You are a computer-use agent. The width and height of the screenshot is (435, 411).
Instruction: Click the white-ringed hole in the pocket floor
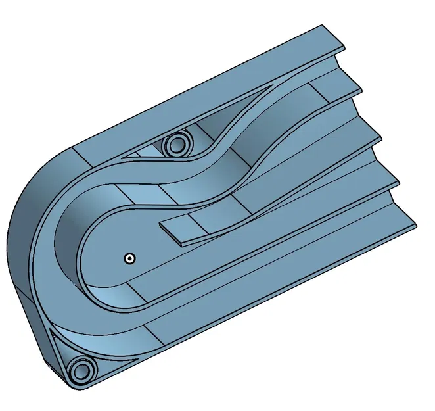[130, 258]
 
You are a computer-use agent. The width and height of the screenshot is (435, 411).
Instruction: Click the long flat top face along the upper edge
[197, 92]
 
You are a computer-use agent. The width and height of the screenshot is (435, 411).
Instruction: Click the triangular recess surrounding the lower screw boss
[66, 349]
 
